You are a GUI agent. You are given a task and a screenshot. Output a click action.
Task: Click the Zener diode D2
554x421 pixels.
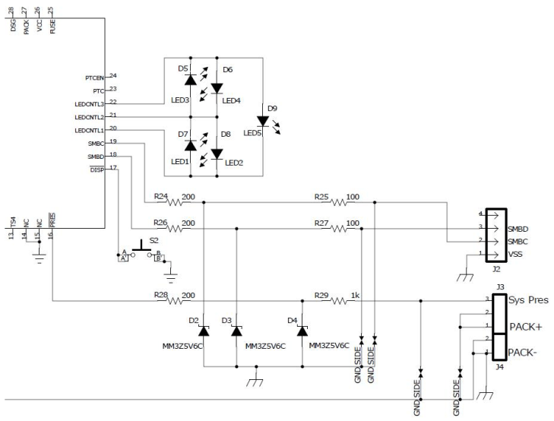[204, 331]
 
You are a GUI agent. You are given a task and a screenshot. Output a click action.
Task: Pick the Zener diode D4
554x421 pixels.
[302, 331]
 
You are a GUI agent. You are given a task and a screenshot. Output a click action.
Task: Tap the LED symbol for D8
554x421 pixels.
[217, 154]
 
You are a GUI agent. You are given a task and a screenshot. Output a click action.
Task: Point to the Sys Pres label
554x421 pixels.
[528, 299]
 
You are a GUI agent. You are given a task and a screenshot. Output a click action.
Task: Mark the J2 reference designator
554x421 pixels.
[495, 268]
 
